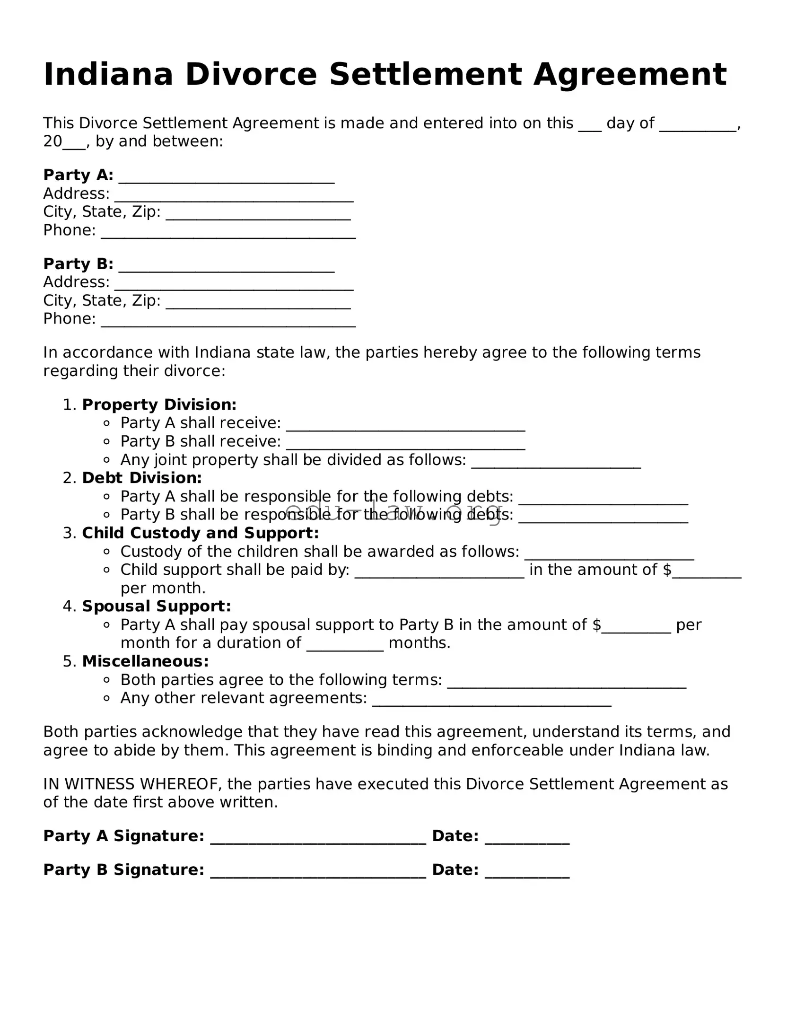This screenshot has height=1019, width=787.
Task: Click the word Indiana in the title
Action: coord(108,75)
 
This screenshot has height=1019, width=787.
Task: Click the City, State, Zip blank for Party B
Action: coord(258,303)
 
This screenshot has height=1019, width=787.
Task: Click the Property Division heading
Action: coord(159,405)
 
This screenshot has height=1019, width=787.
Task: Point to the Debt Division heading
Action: coord(142,478)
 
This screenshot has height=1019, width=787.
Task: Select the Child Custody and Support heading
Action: coord(201,533)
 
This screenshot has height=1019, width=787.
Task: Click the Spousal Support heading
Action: coord(157,606)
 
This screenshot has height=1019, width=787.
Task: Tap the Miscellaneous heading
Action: coord(145,661)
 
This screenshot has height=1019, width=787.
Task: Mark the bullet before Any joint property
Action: coord(107,460)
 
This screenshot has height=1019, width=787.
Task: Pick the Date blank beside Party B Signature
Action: coord(527,871)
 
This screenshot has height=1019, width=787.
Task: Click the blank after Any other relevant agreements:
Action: coord(491,701)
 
